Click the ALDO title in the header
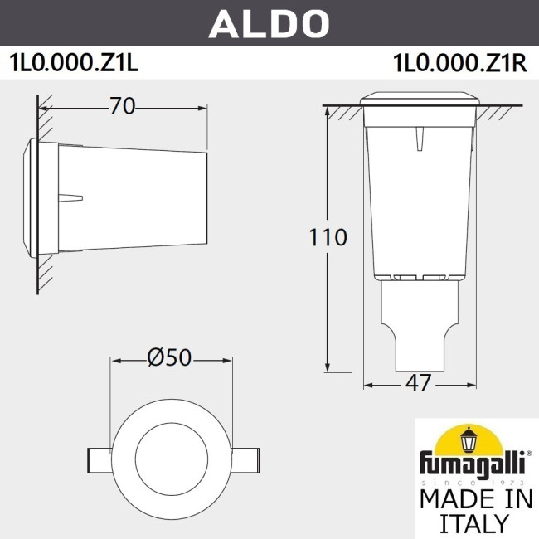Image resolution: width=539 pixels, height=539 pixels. [269, 24]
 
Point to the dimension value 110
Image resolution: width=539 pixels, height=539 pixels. [328, 238]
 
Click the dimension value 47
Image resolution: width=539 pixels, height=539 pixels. [420, 383]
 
